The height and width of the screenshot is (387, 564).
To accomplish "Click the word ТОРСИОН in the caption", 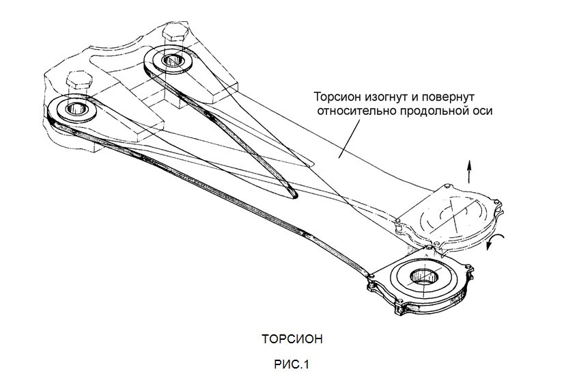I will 291,339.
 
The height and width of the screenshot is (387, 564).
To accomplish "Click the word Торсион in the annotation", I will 337,96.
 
